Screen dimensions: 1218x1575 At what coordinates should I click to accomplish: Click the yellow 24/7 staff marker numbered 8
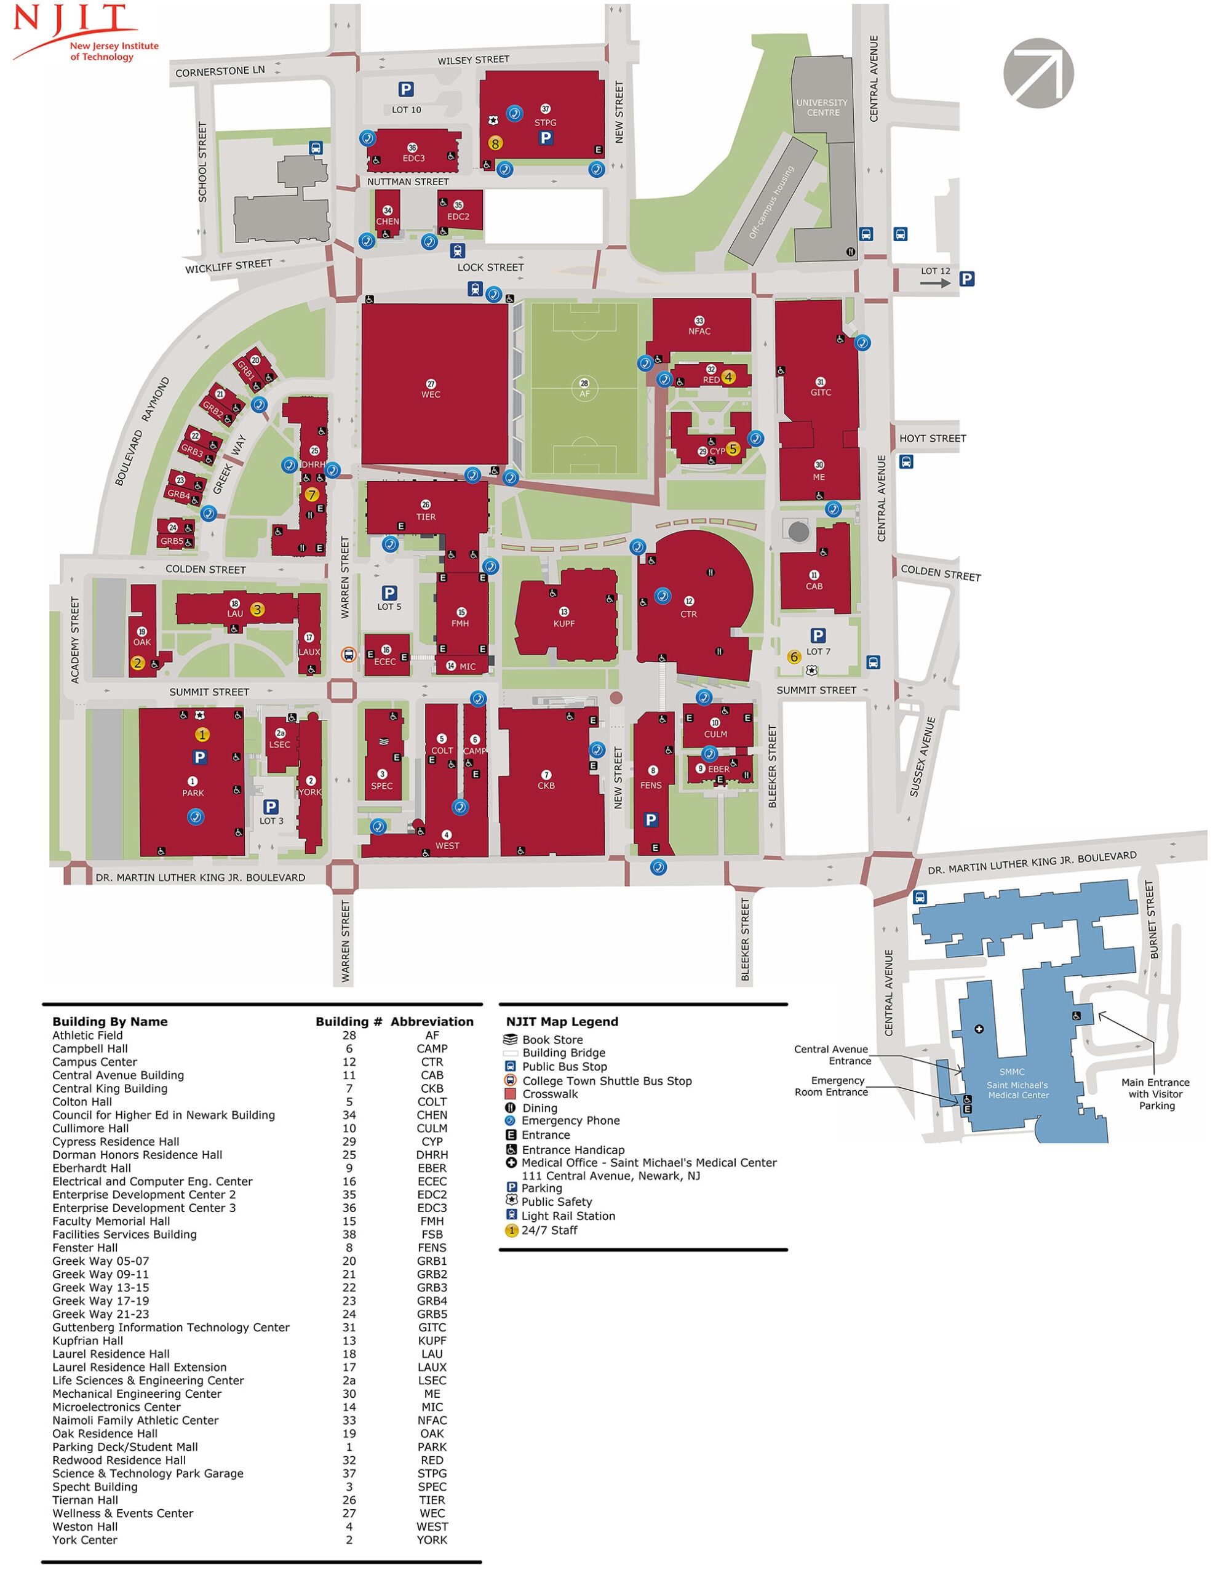point(495,143)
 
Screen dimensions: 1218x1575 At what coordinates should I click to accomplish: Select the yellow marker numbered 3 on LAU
point(257,609)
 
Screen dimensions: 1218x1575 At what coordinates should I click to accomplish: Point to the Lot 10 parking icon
point(406,89)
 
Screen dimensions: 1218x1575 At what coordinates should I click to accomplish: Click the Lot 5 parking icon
point(389,593)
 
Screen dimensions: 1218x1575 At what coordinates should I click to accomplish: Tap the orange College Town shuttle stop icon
point(349,655)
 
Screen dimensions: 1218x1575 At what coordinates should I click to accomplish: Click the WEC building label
point(431,394)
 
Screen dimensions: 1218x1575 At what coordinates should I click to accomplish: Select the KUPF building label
point(564,623)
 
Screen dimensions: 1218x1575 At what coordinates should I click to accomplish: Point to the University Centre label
point(822,108)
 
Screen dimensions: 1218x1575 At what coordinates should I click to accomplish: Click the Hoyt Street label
point(932,439)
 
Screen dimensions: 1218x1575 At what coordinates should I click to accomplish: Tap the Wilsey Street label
point(473,60)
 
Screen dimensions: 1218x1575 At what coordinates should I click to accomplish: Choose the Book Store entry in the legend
point(552,1039)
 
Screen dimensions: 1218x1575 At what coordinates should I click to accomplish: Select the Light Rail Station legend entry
point(568,1215)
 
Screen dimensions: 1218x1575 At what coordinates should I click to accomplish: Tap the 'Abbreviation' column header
point(432,1021)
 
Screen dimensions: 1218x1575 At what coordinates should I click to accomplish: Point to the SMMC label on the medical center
point(1012,1072)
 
